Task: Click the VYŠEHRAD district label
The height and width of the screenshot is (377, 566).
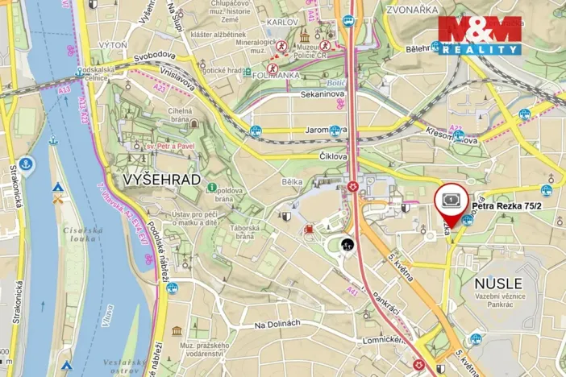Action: (x=162, y=180)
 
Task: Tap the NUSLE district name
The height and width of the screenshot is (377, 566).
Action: (x=498, y=284)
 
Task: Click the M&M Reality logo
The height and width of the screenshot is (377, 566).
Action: (x=480, y=34)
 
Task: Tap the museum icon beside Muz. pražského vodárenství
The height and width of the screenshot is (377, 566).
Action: (x=177, y=331)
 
